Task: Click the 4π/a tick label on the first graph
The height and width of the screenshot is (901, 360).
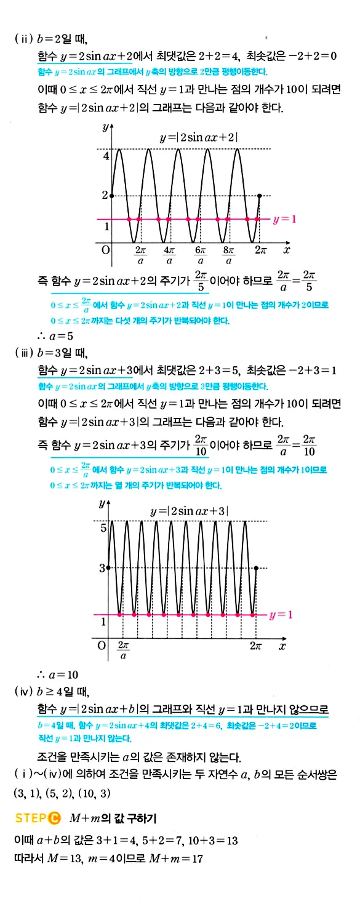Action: tap(169, 256)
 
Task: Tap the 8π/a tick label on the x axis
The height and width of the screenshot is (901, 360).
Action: tap(228, 256)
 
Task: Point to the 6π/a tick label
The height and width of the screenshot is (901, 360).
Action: tap(199, 256)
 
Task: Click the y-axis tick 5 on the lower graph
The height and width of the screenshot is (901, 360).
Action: tap(104, 527)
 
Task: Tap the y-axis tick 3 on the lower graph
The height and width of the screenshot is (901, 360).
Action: tap(103, 567)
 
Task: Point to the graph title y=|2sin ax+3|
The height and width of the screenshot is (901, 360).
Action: tap(190, 511)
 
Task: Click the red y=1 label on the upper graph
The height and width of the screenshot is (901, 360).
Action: tap(284, 218)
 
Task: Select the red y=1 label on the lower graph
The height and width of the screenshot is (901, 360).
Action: tap(281, 615)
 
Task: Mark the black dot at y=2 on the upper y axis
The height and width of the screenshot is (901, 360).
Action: tap(111, 196)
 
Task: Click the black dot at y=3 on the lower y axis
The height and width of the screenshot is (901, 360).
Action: tap(108, 567)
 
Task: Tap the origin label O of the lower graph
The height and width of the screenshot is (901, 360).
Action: tap(102, 646)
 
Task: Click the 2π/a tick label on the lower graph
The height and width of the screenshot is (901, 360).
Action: tap(123, 651)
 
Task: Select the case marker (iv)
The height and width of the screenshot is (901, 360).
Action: tap(24, 691)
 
